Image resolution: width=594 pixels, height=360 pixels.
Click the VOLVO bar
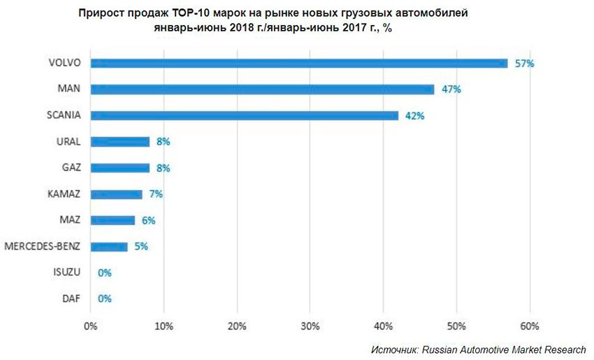299,63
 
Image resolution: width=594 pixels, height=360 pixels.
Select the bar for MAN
262,89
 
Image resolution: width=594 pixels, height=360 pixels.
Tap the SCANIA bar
244,115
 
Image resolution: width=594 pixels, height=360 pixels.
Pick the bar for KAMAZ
116,194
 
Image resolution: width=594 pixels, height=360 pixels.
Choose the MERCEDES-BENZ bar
109,246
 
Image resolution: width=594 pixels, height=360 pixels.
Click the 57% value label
524,63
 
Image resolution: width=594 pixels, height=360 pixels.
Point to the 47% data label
451,89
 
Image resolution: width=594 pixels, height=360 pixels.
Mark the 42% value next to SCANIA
414,115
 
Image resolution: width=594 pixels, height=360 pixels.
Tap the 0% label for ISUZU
105,273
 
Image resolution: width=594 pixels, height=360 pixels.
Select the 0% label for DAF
105,298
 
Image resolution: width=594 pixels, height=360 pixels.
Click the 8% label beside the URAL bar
163,141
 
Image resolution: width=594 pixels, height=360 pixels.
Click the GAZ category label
70,168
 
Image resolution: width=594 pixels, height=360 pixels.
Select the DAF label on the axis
71,298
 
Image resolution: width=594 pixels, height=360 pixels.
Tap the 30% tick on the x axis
310,326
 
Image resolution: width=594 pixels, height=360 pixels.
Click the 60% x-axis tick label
530,326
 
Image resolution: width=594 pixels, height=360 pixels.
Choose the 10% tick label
164,326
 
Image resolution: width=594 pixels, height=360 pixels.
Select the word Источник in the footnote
393,349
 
